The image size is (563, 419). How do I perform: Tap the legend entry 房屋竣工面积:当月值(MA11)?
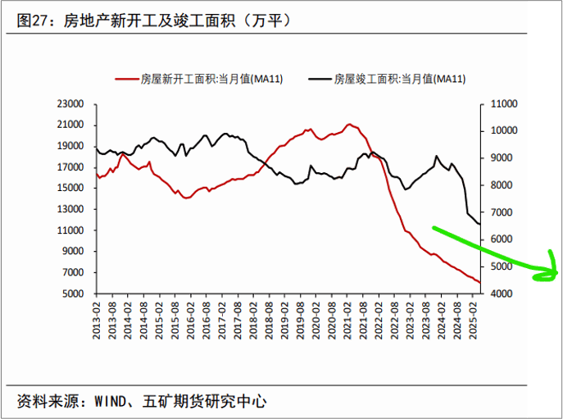click(x=400, y=80)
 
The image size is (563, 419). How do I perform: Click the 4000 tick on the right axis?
click(x=501, y=294)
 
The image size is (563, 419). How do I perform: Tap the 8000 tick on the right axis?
click(x=501, y=185)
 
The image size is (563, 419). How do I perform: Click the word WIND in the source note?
click(x=108, y=402)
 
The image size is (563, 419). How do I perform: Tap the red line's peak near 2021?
click(x=349, y=125)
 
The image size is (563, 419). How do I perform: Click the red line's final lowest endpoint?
click(x=480, y=284)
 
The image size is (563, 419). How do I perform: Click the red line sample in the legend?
click(x=125, y=80)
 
